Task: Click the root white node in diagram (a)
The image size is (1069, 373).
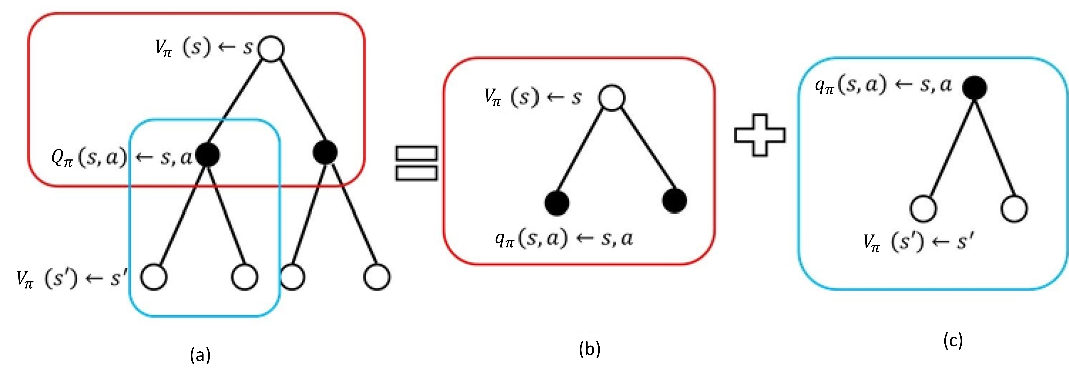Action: pyautogui.click(x=271, y=49)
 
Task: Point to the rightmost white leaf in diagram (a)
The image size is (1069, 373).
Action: pyautogui.click(x=377, y=277)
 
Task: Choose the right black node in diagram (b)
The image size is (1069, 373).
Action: pyautogui.click(x=674, y=201)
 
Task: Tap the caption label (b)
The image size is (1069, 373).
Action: pyautogui.click(x=590, y=350)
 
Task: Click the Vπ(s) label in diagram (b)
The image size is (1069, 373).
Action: pyautogui.click(x=511, y=98)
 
